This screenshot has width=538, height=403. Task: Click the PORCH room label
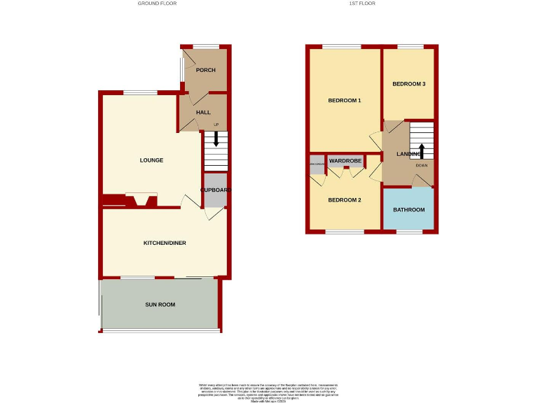[205, 70]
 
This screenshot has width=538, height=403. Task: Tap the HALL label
[203, 112]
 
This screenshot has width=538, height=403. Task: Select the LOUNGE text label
[151, 160]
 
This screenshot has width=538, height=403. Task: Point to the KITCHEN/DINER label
[165, 243]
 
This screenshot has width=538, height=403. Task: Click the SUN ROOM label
[160, 304]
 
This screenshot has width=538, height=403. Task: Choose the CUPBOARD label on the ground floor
[216, 190]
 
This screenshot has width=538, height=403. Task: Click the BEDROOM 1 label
[345, 101]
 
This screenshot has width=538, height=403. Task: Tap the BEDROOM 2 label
[345, 200]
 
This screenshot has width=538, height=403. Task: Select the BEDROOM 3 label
[408, 84]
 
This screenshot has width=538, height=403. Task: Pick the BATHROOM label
[408, 210]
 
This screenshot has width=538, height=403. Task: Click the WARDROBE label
[345, 161]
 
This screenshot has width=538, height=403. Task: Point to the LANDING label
[408, 154]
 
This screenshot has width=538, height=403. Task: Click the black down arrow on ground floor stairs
[216, 139]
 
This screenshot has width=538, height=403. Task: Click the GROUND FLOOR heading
[157, 3]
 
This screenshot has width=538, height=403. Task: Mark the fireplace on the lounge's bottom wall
[137, 201]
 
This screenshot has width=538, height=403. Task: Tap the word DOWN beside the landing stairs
[421, 166]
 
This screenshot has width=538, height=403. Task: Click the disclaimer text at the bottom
[269, 392]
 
